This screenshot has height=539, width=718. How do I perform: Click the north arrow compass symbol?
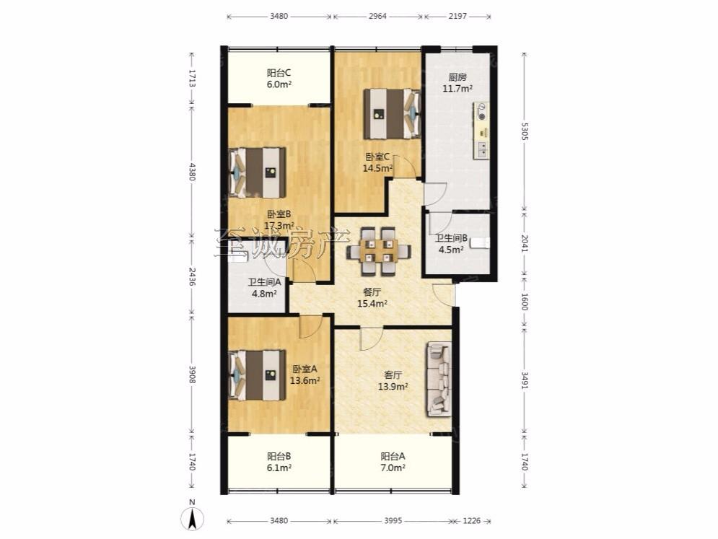tap(193, 517)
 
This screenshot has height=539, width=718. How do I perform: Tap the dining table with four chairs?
tap(378, 251)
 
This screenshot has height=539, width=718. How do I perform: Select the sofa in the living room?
tap(439, 380)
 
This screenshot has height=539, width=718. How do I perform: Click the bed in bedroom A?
tap(257, 375)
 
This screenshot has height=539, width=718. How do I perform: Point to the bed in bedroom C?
tap(393, 113)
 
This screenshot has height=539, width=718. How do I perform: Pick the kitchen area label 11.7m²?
tap(457, 88)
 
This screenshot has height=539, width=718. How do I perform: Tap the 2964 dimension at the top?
tap(378, 16)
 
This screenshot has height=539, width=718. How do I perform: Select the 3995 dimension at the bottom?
tap(393, 521)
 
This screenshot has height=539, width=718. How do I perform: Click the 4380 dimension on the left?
tap(193, 172)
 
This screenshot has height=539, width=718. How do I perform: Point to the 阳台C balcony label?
tap(279, 73)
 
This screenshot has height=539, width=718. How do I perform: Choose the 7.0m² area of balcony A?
tap(393, 468)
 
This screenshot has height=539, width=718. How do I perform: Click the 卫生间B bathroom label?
tap(451, 238)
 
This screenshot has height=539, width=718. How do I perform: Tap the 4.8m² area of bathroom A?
tap(264, 294)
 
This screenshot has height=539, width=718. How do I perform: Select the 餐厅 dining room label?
tap(372, 292)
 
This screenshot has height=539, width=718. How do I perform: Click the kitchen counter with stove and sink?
tap(481, 131)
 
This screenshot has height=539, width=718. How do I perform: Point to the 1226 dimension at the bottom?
tap(472, 521)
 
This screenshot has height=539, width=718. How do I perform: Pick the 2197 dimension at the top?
tap(457, 16)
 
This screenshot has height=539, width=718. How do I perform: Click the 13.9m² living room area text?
tap(393, 387)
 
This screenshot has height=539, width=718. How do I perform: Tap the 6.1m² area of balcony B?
tap(279, 468)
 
